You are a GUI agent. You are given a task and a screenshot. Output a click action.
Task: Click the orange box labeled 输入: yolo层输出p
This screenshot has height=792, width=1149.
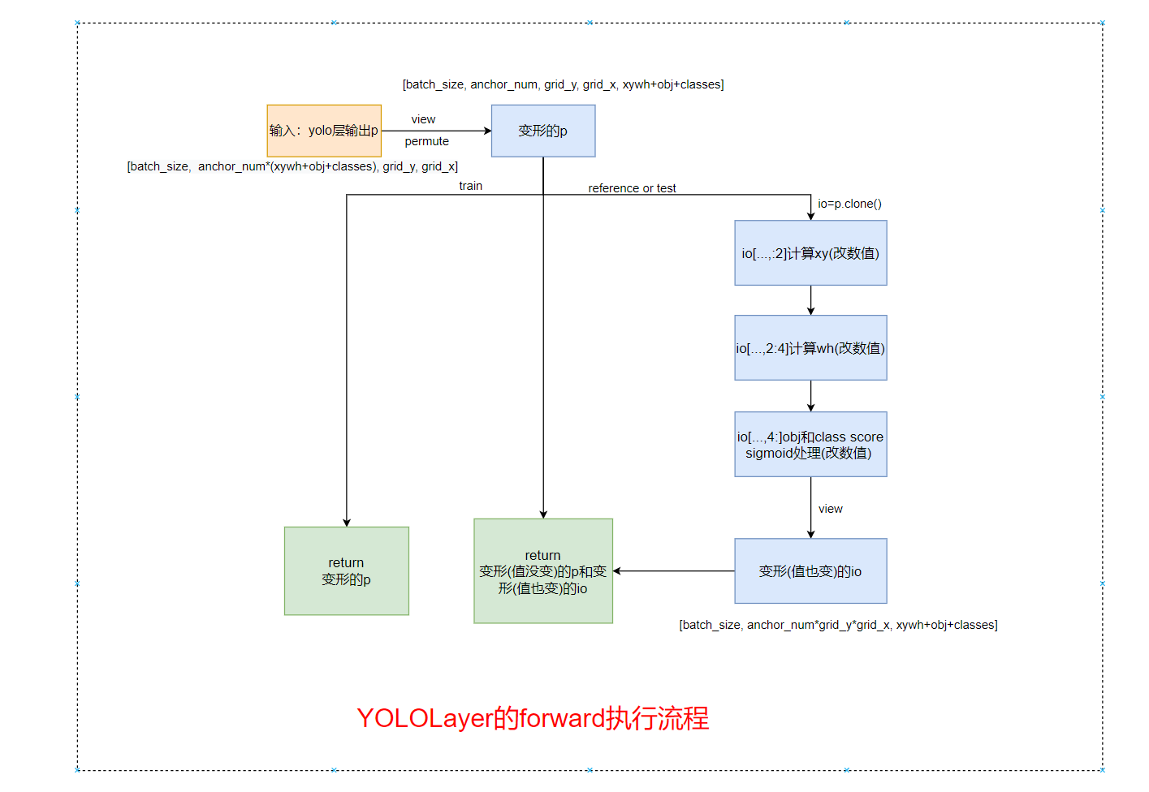click(x=324, y=131)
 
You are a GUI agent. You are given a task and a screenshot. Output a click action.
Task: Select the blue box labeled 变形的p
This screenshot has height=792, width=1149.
click(x=542, y=131)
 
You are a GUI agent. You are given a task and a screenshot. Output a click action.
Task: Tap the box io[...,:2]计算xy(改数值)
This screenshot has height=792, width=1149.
click(x=810, y=253)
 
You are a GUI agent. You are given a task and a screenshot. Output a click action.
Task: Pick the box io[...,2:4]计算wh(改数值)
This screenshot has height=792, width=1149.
click(x=810, y=348)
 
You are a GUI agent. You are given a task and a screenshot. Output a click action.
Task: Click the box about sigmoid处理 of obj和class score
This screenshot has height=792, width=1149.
click(x=810, y=445)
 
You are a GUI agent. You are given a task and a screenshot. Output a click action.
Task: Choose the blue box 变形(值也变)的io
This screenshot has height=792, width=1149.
click(x=810, y=571)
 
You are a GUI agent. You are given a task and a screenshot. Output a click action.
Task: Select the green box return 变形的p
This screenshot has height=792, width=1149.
click(x=346, y=571)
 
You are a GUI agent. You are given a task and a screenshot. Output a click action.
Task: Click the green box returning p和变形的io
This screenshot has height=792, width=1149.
click(x=542, y=571)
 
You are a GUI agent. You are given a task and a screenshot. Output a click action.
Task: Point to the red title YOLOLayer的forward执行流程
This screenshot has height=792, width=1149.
click(x=533, y=718)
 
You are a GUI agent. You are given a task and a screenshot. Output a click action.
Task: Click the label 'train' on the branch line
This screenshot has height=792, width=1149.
click(x=470, y=186)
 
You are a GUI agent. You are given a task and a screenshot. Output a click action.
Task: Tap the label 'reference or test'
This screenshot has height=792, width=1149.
click(x=632, y=188)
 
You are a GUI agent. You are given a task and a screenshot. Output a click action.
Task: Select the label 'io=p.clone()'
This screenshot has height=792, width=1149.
click(x=849, y=204)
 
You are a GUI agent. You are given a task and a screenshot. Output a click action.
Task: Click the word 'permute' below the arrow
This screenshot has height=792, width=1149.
click(x=426, y=141)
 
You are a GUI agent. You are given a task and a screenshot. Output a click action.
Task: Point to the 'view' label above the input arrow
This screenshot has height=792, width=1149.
click(x=423, y=119)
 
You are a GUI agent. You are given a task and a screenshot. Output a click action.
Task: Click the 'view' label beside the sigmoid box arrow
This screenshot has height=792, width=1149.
click(x=830, y=509)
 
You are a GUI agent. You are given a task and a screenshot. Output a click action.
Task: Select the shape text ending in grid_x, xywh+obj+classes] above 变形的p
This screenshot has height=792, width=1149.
click(x=563, y=84)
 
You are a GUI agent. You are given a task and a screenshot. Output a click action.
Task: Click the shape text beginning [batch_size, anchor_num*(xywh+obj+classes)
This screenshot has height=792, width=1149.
click(x=292, y=166)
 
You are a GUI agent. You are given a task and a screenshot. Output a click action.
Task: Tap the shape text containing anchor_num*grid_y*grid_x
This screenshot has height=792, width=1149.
click(x=838, y=625)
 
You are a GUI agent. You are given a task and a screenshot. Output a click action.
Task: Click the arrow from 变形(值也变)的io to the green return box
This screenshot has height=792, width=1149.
click(x=674, y=571)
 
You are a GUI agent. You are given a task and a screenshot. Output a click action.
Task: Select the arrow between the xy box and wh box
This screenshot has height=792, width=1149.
click(x=810, y=300)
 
